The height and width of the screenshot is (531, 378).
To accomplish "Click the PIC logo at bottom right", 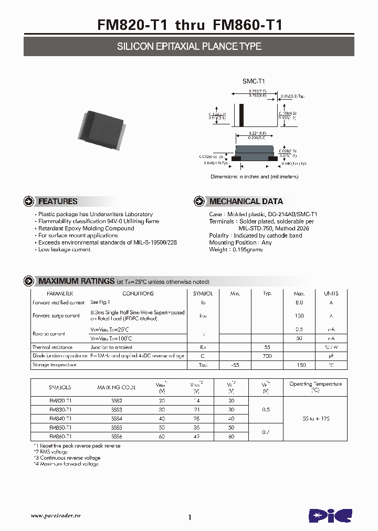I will click(330, 515).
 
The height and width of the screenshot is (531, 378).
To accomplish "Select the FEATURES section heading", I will click(58, 201).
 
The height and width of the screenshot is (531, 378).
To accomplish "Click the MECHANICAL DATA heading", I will click(246, 201).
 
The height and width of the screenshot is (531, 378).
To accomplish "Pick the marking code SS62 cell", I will click(116, 400).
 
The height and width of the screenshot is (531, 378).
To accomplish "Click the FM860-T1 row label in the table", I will click(60, 436).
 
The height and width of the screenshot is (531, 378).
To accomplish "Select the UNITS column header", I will click(331, 294).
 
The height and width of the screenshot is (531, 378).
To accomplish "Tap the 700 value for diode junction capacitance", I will click(267, 356).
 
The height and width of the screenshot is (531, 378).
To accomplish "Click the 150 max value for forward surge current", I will click(299, 316).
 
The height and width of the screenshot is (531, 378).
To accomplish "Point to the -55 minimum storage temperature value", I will click(235, 365).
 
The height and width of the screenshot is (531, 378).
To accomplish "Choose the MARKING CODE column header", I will click(116, 387).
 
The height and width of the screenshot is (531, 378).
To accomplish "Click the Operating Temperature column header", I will click(315, 387).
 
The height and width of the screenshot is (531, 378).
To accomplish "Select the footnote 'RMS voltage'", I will click(51, 452).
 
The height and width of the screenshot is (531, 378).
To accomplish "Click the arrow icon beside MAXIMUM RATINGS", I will click(30, 282).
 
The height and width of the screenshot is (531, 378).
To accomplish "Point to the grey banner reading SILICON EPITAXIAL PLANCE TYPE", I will click(189, 47).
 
